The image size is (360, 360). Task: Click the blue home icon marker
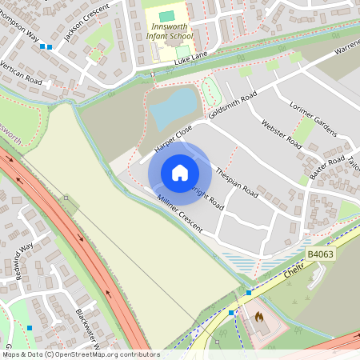click(x=179, y=173)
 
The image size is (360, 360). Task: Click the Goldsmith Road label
click(x=232, y=106)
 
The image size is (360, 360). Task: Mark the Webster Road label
click(x=280, y=134)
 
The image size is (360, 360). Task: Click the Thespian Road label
click(x=238, y=182)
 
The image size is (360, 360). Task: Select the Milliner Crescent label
click(x=181, y=215)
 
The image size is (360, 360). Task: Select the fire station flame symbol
click(x=259, y=317)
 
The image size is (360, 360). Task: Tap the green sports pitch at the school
click(x=166, y=16)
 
